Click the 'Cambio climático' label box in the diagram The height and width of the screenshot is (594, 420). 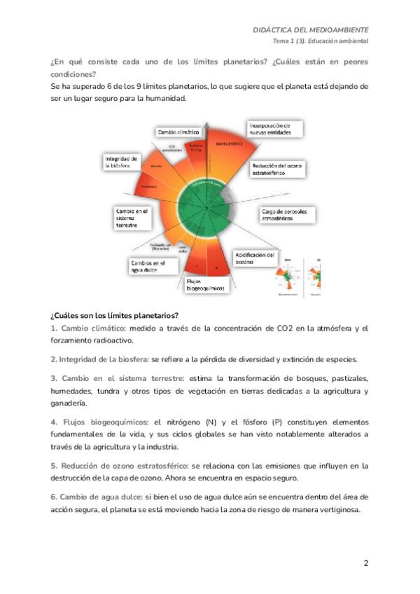(x=178, y=132)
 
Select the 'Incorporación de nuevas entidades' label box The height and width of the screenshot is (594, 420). (x=275, y=129)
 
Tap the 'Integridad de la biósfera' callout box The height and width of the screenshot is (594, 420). (x=122, y=163)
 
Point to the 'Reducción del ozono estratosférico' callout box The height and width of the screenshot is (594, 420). (x=276, y=170)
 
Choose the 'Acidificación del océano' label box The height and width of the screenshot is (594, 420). (x=255, y=258)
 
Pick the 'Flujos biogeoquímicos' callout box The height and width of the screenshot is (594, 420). (x=205, y=284)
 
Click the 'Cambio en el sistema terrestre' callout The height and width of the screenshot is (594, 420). (x=132, y=218)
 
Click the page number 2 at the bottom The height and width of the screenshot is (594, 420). (x=365, y=564)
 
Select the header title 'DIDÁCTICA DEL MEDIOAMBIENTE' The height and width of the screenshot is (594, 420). (x=311, y=30)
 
